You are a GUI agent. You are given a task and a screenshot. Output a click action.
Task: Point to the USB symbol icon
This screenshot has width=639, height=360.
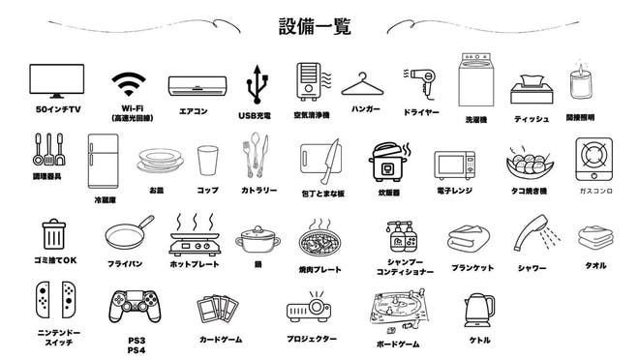coord(257,85)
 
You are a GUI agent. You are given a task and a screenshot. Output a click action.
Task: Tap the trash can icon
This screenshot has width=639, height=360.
coord(53,235)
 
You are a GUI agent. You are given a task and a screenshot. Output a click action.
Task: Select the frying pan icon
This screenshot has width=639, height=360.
coord(127,235)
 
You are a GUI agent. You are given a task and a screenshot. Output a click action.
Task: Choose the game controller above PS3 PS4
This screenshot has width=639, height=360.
coord(136,307)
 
